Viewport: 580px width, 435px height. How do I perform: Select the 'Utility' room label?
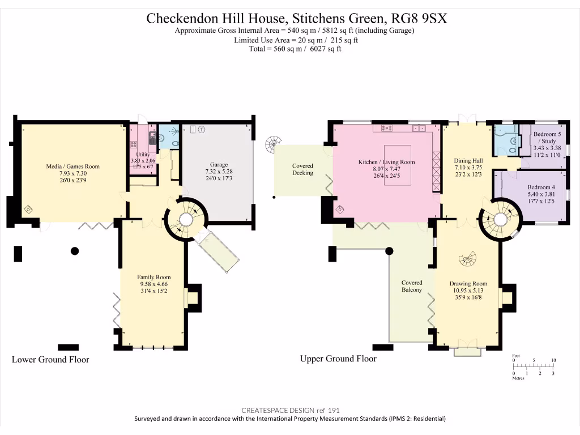[x=143, y=154]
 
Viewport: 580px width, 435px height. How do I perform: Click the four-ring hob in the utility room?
[x=152, y=137]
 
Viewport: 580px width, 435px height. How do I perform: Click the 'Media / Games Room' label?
[x=72, y=167]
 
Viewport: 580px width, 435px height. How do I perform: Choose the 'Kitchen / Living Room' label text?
[x=386, y=162]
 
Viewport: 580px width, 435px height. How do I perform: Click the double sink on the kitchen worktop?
[x=419, y=129]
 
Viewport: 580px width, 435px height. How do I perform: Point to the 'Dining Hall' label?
[x=468, y=161]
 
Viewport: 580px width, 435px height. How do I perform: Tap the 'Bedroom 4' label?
[x=541, y=187]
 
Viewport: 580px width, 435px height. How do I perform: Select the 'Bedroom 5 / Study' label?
[x=547, y=137]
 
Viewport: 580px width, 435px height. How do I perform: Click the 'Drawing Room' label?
[x=468, y=284]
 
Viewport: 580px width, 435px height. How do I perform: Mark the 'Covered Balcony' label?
[x=412, y=286]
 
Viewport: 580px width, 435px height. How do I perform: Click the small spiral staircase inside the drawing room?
[x=468, y=259]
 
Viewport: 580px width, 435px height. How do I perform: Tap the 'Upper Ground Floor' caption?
[x=338, y=359]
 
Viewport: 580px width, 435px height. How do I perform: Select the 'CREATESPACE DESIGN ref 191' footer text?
[x=290, y=410]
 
